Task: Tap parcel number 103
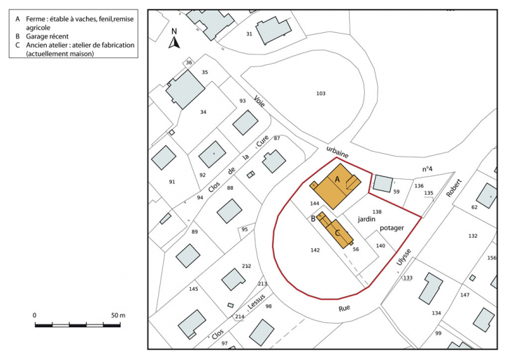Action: tap(321, 93)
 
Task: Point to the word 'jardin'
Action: tap(368, 219)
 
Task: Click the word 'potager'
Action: tap(392, 228)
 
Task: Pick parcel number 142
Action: tap(315, 250)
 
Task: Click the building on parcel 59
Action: tap(382, 183)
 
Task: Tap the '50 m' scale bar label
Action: tap(117, 315)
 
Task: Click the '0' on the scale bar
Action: tap(35, 315)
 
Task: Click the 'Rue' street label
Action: tap(344, 307)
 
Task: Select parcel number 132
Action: tap(473, 236)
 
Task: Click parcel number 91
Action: tap(172, 182)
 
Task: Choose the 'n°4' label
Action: tap(427, 169)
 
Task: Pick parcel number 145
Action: tap(194, 289)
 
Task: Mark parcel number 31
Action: tap(249, 34)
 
